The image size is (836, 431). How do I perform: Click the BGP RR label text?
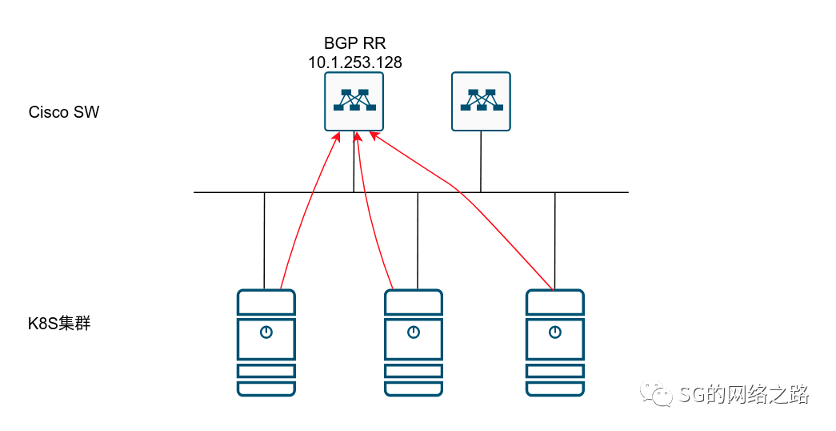[x=354, y=42]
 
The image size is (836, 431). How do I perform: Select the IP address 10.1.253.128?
[x=355, y=62]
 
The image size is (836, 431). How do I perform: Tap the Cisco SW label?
[x=64, y=112]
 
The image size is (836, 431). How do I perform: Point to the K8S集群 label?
[x=59, y=324]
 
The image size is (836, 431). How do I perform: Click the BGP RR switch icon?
[x=354, y=102]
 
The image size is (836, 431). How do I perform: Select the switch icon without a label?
[x=481, y=102]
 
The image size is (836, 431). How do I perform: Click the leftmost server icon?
[x=266, y=343]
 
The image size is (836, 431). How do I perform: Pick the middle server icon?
[x=414, y=343]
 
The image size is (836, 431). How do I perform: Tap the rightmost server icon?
[x=555, y=343]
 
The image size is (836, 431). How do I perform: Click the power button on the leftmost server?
[x=266, y=332]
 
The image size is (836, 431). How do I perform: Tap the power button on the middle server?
[x=414, y=332]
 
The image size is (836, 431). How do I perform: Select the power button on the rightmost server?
[x=555, y=332]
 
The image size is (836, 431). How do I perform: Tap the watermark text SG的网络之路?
[x=744, y=394]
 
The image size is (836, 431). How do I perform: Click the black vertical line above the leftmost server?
[x=265, y=241]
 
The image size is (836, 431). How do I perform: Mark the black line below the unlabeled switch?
[x=481, y=161]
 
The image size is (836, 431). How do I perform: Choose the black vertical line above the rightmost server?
[x=555, y=241]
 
